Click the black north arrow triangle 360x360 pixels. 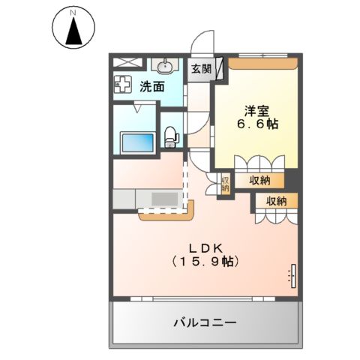(x=73, y=32)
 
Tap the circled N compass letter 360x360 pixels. (x=73, y=13)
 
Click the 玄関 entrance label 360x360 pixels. (x=200, y=69)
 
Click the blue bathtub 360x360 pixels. (x=136, y=140)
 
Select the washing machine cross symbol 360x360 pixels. (x=124, y=85)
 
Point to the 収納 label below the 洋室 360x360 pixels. (x=259, y=180)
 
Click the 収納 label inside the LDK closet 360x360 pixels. (x=275, y=200)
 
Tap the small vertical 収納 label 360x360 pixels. (x=224, y=184)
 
